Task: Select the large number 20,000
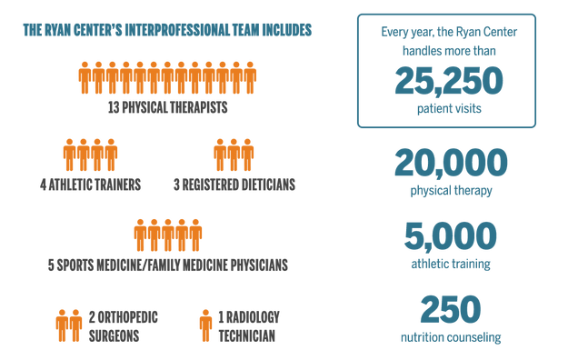point(450,164)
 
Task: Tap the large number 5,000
point(450,236)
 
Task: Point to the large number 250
point(450,310)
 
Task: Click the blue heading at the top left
point(168,31)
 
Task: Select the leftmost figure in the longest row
point(84,78)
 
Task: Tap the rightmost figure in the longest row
point(251,78)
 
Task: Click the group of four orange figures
point(90,154)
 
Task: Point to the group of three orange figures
point(234,154)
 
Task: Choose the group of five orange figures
point(168,234)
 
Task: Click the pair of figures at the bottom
point(68,324)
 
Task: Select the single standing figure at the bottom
point(204,324)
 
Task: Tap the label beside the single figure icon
point(248,324)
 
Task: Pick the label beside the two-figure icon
point(123,324)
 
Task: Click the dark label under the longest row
point(168,107)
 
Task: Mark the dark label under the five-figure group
point(168,265)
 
